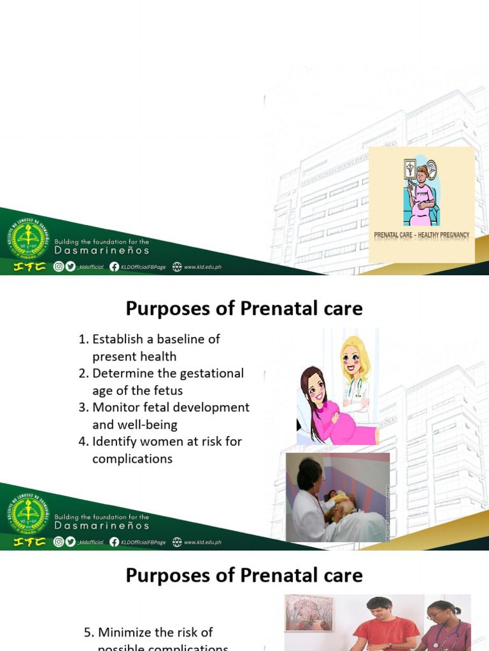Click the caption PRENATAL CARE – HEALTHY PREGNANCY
tap(422, 235)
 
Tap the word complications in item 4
tap(132, 458)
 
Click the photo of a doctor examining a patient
tap(337, 497)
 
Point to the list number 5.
tap(89, 633)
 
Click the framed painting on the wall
tap(310, 613)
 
